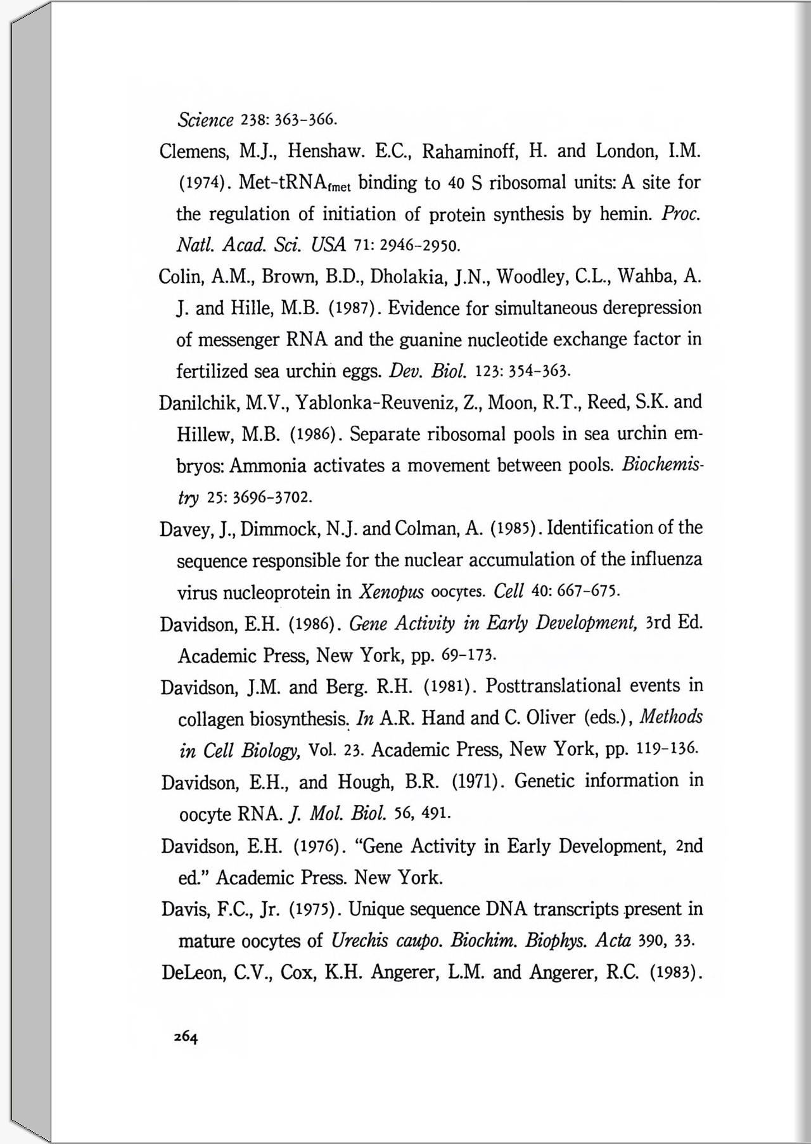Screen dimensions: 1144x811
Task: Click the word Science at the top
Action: [205, 119]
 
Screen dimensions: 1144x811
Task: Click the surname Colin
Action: [179, 277]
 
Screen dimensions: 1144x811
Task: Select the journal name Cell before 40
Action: [508, 592]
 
